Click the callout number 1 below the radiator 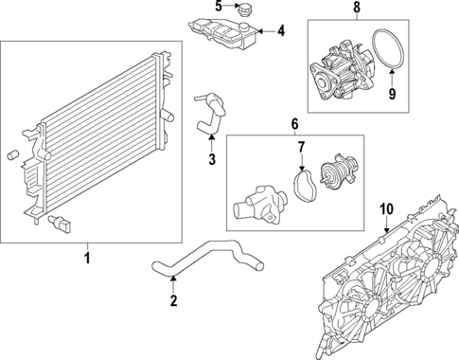89,256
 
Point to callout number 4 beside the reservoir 280,31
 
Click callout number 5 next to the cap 217,8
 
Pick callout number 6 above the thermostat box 294,124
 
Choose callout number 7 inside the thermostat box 302,148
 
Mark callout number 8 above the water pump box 356,8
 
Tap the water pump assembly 336,71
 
